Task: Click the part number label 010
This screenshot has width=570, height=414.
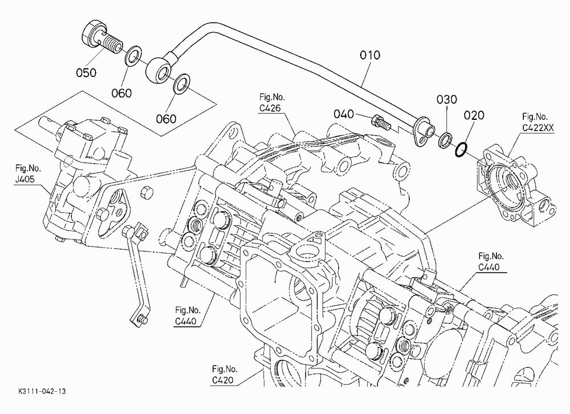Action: tap(370, 55)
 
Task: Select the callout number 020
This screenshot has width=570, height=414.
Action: tap(474, 115)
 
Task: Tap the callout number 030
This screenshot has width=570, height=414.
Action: tap(447, 99)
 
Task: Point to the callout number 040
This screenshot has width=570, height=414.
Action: tap(344, 114)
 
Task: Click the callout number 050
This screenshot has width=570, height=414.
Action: tap(86, 73)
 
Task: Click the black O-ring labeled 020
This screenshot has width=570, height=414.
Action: tap(461, 149)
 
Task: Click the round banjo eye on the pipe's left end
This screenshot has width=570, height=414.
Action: tap(158, 69)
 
